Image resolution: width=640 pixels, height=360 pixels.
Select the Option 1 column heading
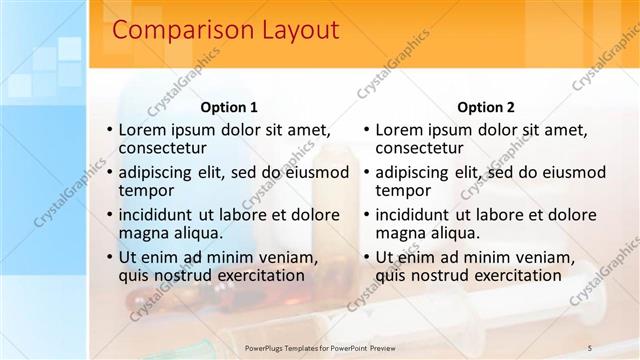(x=229, y=107)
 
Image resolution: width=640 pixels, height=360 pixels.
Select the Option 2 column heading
(x=485, y=107)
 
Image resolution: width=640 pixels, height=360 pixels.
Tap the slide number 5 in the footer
(x=590, y=347)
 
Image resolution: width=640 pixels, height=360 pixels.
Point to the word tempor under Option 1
(x=146, y=190)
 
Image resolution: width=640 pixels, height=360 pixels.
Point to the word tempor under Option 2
(x=402, y=190)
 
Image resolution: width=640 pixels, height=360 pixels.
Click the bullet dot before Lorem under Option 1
(x=110, y=130)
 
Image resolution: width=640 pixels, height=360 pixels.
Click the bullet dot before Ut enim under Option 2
(x=366, y=258)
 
